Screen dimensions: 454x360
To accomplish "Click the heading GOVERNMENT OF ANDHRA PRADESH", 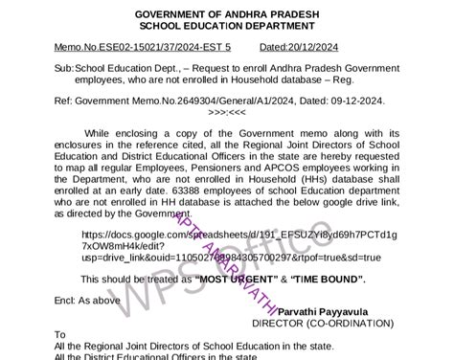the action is pos(226,12).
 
